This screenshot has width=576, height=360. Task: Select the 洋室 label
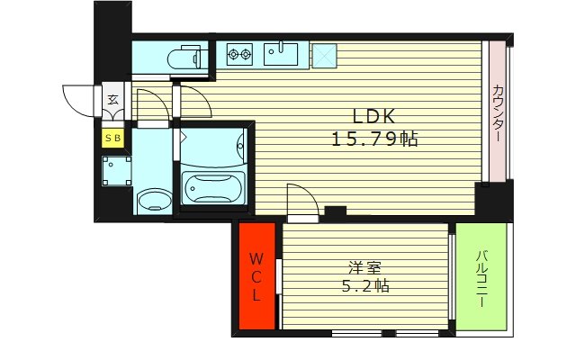[364, 266]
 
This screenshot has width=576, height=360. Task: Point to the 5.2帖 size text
[364, 287]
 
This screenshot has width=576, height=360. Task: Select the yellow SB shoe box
[113, 138]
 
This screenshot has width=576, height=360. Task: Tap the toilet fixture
[186, 58]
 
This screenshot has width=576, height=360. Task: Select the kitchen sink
[285, 54]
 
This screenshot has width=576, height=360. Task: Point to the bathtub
[212, 190]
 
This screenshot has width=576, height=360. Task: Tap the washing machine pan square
[116, 168]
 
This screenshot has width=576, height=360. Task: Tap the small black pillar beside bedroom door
[335, 212]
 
